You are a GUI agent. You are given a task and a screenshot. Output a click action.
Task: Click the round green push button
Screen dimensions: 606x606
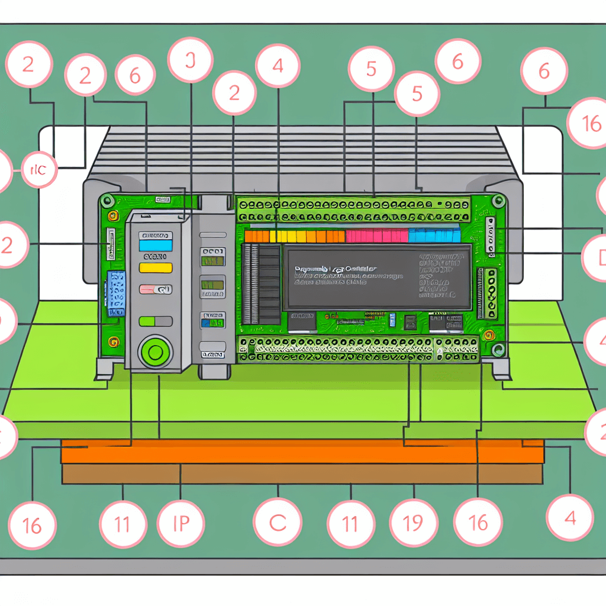[x=156, y=353]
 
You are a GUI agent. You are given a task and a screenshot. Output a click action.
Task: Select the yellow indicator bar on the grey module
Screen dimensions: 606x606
[x=155, y=267]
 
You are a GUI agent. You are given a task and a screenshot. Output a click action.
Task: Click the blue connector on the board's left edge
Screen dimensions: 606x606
[x=116, y=294]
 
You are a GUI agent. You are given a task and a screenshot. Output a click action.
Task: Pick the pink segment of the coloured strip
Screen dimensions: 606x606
[x=376, y=236]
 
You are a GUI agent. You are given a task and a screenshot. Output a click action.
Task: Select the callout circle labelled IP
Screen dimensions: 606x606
[x=180, y=524]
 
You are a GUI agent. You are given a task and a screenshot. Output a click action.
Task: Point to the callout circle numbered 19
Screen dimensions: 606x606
[x=412, y=523]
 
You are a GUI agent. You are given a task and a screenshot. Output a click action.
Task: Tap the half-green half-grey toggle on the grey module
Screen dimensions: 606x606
[x=155, y=321]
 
